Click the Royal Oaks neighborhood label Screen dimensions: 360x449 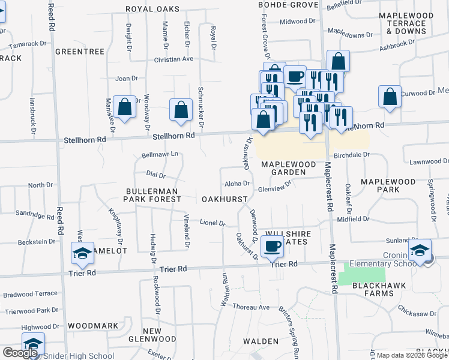(x=152, y=9)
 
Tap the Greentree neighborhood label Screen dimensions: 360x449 (x=80, y=52)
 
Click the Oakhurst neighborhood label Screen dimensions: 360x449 (x=225, y=198)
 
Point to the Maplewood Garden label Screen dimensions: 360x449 (x=284, y=168)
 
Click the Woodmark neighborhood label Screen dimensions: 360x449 (x=93, y=325)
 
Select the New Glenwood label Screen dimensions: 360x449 (x=160, y=335)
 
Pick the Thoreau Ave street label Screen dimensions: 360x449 (x=252, y=307)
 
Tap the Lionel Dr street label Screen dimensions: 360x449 (x=212, y=223)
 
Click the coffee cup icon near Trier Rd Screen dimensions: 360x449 (x=273, y=246)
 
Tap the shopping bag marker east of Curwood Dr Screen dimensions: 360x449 (x=390, y=97)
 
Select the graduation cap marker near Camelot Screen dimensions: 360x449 (x=82, y=253)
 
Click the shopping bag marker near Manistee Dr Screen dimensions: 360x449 (x=124, y=108)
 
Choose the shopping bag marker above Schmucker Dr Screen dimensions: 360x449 (x=181, y=109)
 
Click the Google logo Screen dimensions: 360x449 (x=20, y=353)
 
